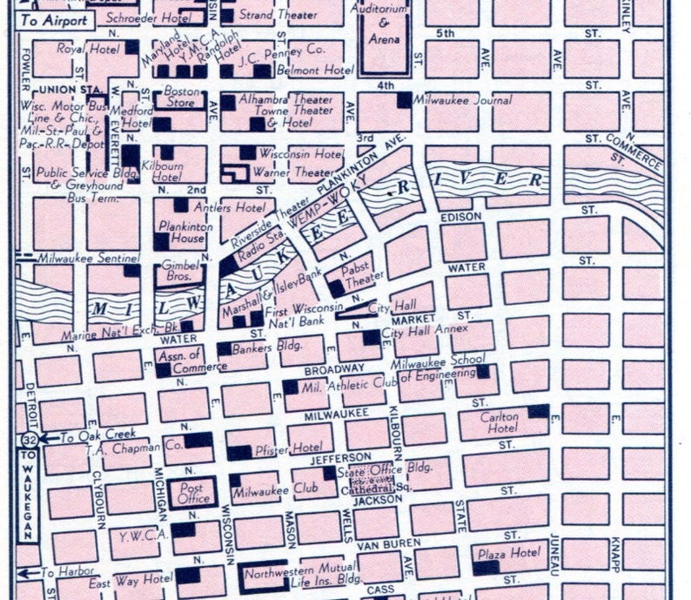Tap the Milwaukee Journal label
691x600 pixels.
pyautogui.click(x=459, y=100)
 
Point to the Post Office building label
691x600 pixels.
pyautogui.click(x=193, y=494)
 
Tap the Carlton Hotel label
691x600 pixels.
pyautogui.click(x=500, y=422)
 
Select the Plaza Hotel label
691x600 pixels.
pyautogui.click(x=507, y=553)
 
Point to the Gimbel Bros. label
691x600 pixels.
pyautogui.click(x=181, y=271)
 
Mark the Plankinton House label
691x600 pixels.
pyautogui.click(x=182, y=231)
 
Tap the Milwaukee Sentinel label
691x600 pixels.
pyautogui.click(x=77, y=259)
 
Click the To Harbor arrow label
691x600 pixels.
pyautogui.click(x=52, y=573)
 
